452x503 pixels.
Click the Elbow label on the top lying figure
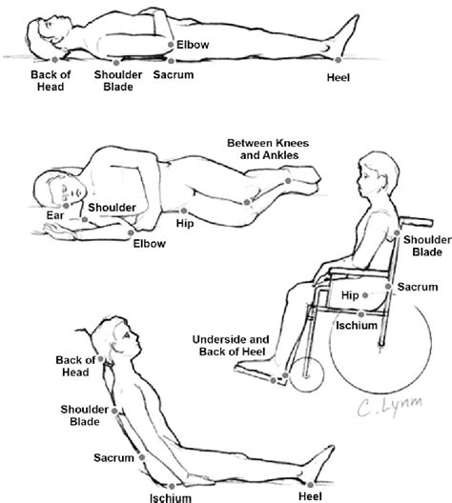pos(193,44)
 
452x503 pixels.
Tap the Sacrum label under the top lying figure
pos(174,74)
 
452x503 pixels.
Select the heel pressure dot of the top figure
pos(338,60)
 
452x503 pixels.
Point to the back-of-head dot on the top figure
pos(55,59)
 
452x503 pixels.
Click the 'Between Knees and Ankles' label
pos(268,149)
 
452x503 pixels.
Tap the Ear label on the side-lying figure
pos(55,215)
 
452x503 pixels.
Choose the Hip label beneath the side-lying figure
pos(185,223)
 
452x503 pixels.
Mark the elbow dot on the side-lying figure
pos(131,232)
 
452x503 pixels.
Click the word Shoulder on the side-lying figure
pos(112,208)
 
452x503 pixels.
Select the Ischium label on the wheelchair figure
pos(357,325)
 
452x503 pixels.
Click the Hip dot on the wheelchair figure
pos(365,295)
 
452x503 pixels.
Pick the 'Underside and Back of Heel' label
pos(231,346)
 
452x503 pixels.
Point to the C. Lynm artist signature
pos(389,406)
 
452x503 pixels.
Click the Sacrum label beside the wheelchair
pos(418,287)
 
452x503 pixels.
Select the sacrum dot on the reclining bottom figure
pos(142,457)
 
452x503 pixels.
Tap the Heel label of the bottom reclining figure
pos(310,496)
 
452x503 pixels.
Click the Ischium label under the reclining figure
pos(171,497)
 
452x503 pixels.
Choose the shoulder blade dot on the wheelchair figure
pos(397,232)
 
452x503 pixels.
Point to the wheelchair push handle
pos(416,221)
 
